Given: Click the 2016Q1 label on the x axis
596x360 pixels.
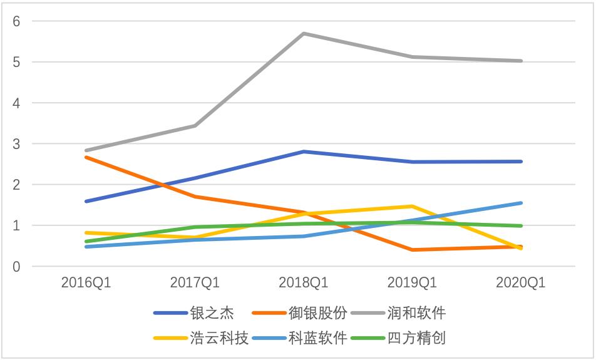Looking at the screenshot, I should (86, 283).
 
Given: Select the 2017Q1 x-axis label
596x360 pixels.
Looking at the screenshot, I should (195, 283).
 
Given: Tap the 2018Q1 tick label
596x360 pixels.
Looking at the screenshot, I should (304, 283).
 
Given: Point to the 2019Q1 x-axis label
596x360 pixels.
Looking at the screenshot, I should (413, 283).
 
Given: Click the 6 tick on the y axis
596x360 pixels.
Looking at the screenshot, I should (17, 21).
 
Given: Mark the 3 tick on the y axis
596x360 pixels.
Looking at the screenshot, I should (17, 144).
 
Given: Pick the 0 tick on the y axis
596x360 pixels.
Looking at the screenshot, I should (17, 267).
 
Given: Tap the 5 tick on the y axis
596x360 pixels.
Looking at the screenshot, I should (17, 62).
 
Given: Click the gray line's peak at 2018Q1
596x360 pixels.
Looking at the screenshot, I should (304, 33).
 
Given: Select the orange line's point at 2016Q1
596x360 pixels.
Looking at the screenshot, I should (86, 157).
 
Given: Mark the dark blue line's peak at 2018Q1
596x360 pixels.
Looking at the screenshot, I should (304, 152).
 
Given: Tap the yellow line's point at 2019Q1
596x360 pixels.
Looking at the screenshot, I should (413, 206).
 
